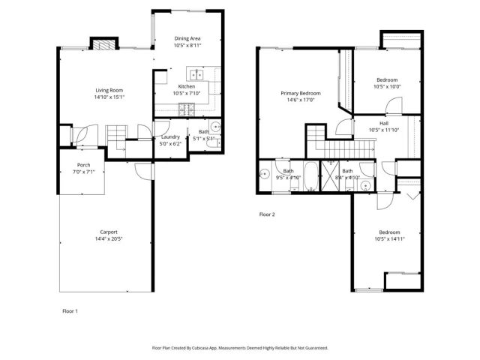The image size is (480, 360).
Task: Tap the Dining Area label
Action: click(187, 38)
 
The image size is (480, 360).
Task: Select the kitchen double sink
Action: click(196, 74)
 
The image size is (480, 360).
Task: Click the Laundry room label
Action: click(169, 137)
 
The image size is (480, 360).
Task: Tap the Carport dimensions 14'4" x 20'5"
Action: click(109, 238)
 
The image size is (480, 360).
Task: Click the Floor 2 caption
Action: click(267, 214)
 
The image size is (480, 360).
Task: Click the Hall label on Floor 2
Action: click(383, 123)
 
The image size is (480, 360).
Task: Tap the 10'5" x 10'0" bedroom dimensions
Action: click(387, 86)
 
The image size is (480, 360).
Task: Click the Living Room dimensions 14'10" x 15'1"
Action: click(109, 96)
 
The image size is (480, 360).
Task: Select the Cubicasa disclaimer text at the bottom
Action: click(239, 348)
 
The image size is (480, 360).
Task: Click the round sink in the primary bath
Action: click(265, 174)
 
